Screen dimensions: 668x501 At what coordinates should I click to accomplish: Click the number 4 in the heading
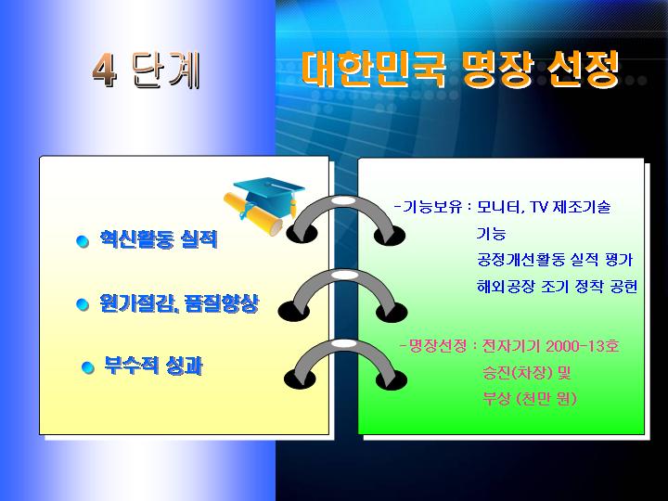[x=105, y=70]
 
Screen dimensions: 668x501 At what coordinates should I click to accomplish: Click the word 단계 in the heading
[x=166, y=71]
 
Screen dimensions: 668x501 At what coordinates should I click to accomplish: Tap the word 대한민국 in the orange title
[x=373, y=69]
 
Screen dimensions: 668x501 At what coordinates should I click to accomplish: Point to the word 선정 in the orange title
[x=583, y=69]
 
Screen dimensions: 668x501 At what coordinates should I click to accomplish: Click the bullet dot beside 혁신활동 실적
[x=83, y=241]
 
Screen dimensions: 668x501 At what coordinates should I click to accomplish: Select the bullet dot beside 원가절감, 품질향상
[x=83, y=304]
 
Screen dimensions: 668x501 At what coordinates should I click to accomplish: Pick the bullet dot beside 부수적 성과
[x=88, y=367]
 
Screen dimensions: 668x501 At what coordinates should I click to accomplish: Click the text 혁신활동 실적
[x=159, y=239]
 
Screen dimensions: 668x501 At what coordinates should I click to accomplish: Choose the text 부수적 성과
[x=153, y=366]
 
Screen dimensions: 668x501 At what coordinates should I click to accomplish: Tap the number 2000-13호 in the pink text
[x=582, y=346]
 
